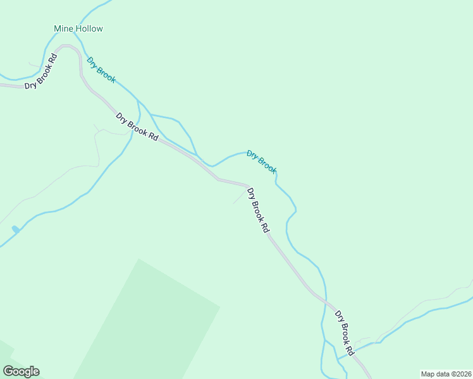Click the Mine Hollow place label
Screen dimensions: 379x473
point(78,28)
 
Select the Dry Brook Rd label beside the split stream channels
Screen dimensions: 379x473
point(137,126)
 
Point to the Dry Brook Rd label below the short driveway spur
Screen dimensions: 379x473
point(258,210)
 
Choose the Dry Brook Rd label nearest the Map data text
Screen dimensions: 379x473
point(344,332)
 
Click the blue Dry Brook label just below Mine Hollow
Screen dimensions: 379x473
point(101,70)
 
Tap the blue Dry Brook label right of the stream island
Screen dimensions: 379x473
point(261,162)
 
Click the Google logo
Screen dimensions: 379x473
point(21,371)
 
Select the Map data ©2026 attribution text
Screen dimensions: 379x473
point(446,373)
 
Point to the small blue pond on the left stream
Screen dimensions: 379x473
point(15,229)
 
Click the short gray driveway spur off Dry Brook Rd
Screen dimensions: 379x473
point(239,198)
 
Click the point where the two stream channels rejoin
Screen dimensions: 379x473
point(197,155)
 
